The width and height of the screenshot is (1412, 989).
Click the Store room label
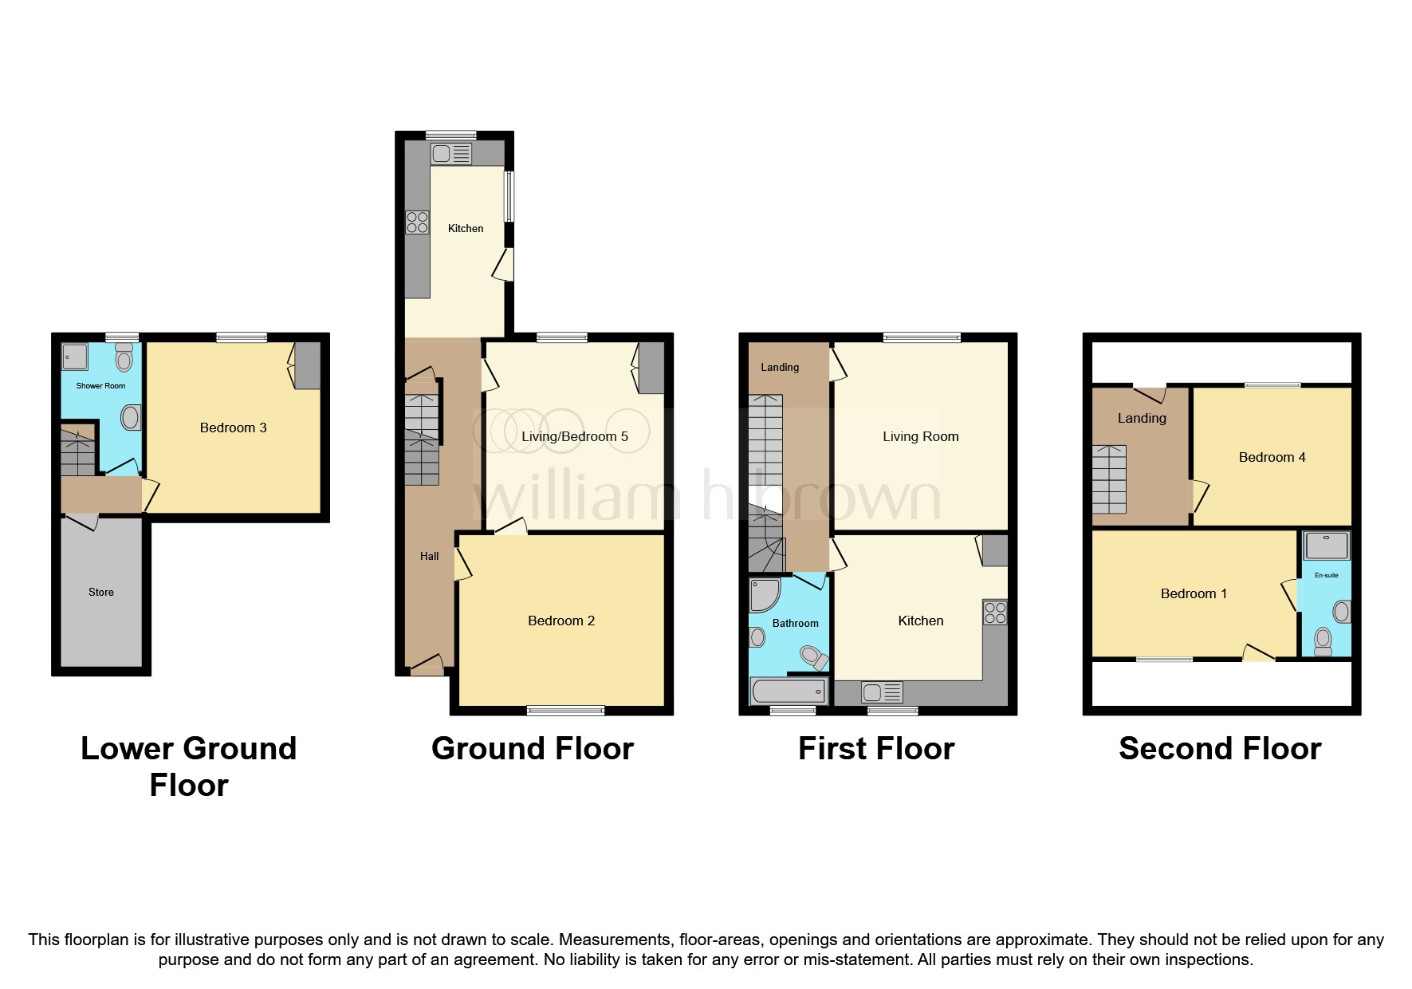click(x=100, y=592)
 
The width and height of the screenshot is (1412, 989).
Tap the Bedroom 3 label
click(x=233, y=428)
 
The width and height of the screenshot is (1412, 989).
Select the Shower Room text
click(x=100, y=386)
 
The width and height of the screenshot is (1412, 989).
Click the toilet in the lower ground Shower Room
click(x=124, y=358)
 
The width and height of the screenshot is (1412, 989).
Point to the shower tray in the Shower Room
click(x=75, y=357)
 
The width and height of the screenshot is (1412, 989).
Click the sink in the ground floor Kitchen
click(x=451, y=153)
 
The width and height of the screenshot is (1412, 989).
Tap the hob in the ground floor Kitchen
click(x=417, y=223)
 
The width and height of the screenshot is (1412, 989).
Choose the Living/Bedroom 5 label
click(x=574, y=436)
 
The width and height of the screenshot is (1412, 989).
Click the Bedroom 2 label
click(x=560, y=621)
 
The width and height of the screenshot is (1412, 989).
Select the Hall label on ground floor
click(x=429, y=556)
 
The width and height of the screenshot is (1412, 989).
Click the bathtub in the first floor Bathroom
click(x=789, y=690)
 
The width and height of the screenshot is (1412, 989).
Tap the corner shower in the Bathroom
click(x=764, y=595)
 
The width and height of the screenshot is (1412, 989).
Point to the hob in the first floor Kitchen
click(x=995, y=613)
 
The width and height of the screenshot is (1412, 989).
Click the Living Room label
click(x=920, y=436)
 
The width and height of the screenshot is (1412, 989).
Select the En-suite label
click(x=1326, y=575)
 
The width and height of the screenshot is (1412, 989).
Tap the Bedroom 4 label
click(x=1272, y=457)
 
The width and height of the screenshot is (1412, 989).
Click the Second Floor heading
click(x=1220, y=748)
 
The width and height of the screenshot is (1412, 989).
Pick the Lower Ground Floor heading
click(x=189, y=766)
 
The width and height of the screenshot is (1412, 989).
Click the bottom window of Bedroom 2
click(x=565, y=710)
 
